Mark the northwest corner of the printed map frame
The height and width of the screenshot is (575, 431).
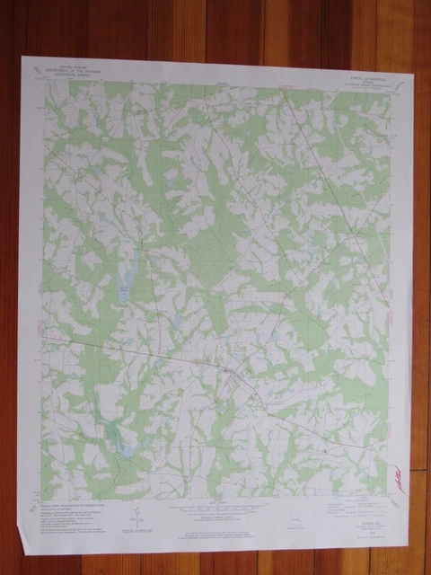click(41, 84)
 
